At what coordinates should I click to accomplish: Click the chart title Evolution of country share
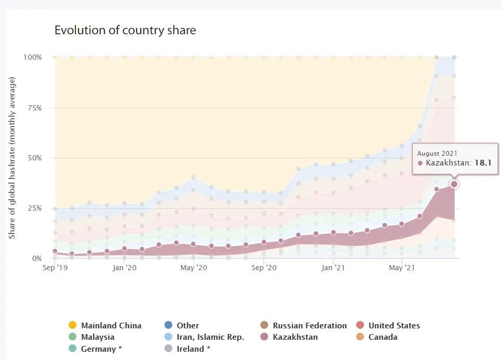tap(125, 30)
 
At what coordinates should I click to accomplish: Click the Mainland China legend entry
tap(111, 326)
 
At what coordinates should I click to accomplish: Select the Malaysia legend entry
tap(98, 337)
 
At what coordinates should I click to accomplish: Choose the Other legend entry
tap(187, 326)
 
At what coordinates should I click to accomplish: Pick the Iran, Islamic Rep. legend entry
tap(210, 337)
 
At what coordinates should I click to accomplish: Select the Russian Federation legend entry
tap(309, 326)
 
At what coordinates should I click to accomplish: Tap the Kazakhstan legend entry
tap(295, 337)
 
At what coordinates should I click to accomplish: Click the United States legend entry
tap(394, 326)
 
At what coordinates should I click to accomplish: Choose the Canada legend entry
tap(383, 337)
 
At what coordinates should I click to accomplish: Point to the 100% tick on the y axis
tap(32, 57)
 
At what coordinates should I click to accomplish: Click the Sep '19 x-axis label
tap(55, 268)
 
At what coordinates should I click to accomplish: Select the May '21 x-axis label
tap(402, 268)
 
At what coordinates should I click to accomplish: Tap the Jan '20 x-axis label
tap(124, 268)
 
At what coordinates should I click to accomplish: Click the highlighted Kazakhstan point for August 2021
tap(454, 184)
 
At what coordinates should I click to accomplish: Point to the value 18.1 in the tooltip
tap(482, 163)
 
